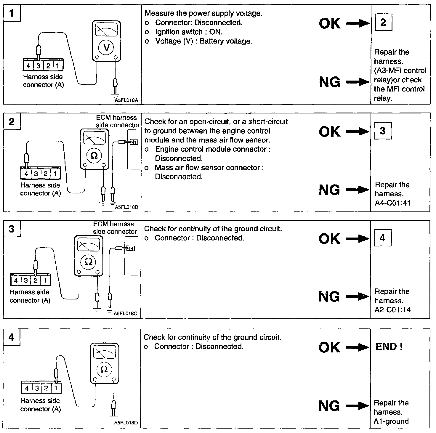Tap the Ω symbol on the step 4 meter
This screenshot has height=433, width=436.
click(x=104, y=369)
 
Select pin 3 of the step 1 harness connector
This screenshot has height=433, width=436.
click(x=38, y=66)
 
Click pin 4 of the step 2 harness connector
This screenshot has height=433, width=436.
click(x=26, y=174)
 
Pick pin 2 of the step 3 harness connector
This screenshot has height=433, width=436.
click(x=36, y=280)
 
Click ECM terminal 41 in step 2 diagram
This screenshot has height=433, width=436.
click(x=134, y=142)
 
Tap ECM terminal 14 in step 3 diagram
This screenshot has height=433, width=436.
click(x=131, y=248)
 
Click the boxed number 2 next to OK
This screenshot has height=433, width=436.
click(x=383, y=22)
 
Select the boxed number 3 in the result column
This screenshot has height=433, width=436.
click(x=383, y=131)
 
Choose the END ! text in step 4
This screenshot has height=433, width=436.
click(x=389, y=347)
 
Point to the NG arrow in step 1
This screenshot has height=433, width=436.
click(x=358, y=82)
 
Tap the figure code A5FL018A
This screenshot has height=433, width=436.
click(x=126, y=100)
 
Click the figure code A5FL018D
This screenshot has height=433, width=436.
click(x=126, y=423)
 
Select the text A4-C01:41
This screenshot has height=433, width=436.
click(x=392, y=203)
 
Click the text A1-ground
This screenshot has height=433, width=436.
click(x=391, y=421)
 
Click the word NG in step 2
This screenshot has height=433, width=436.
click(x=329, y=190)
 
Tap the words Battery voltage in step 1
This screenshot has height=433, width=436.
click(x=226, y=41)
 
